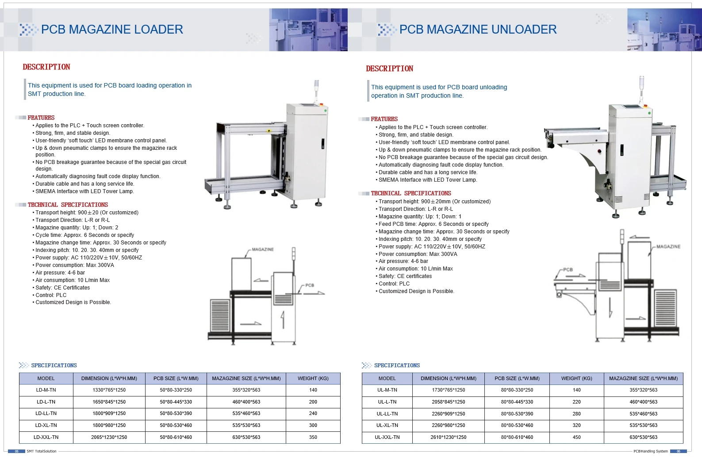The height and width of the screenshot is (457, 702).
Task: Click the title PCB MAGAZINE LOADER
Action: click(x=112, y=30)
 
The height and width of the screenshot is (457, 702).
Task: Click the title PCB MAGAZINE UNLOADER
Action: click(x=478, y=30)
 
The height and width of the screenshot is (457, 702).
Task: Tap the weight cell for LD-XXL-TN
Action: click(x=313, y=437)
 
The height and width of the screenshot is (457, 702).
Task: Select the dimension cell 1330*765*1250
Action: click(x=109, y=390)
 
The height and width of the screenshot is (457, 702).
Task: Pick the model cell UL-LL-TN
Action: click(x=387, y=414)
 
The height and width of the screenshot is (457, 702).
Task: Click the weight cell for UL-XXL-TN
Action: click(x=576, y=437)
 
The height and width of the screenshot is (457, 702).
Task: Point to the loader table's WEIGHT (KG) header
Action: click(x=313, y=378)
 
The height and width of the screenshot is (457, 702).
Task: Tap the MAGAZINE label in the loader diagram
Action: click(x=263, y=250)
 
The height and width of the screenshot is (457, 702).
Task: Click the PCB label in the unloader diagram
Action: click(x=568, y=270)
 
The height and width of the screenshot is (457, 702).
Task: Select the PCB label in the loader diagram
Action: click(x=310, y=286)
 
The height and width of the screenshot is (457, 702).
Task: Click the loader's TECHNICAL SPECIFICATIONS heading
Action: click(x=68, y=205)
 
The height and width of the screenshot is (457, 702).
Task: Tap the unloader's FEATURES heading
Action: click(x=384, y=119)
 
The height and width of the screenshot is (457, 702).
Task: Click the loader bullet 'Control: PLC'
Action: click(x=51, y=295)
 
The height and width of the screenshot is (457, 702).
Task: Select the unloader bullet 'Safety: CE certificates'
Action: click(x=405, y=276)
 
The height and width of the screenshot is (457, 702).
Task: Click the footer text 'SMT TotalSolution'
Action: click(x=42, y=451)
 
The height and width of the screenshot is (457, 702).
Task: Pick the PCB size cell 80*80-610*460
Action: click(x=517, y=437)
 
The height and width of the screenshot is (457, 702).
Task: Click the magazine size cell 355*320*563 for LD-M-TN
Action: click(x=246, y=390)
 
